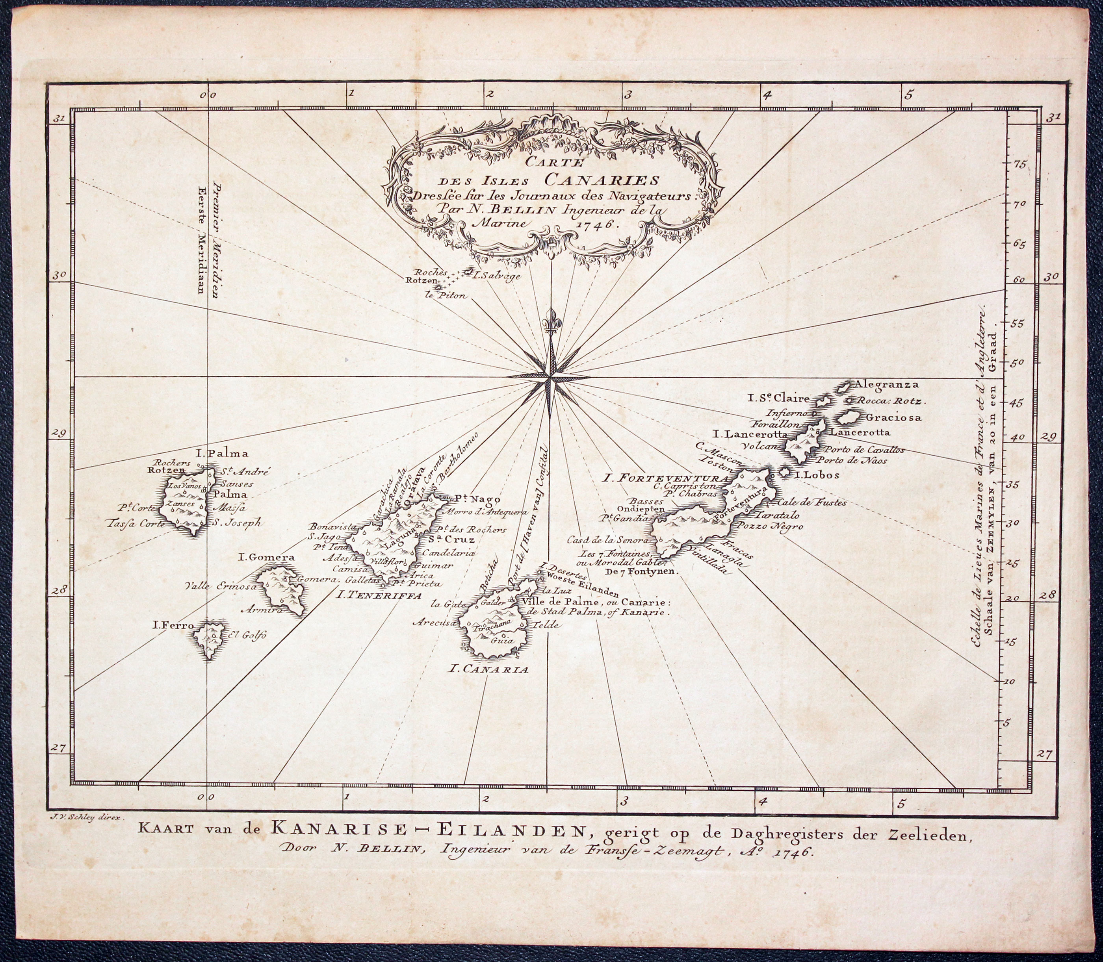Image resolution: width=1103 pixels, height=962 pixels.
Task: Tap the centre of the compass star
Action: pyautogui.click(x=549, y=379)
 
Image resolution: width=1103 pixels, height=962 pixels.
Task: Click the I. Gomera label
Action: pyautogui.click(x=266, y=557)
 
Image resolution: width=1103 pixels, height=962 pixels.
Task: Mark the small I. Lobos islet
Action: pyautogui.click(x=784, y=473)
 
